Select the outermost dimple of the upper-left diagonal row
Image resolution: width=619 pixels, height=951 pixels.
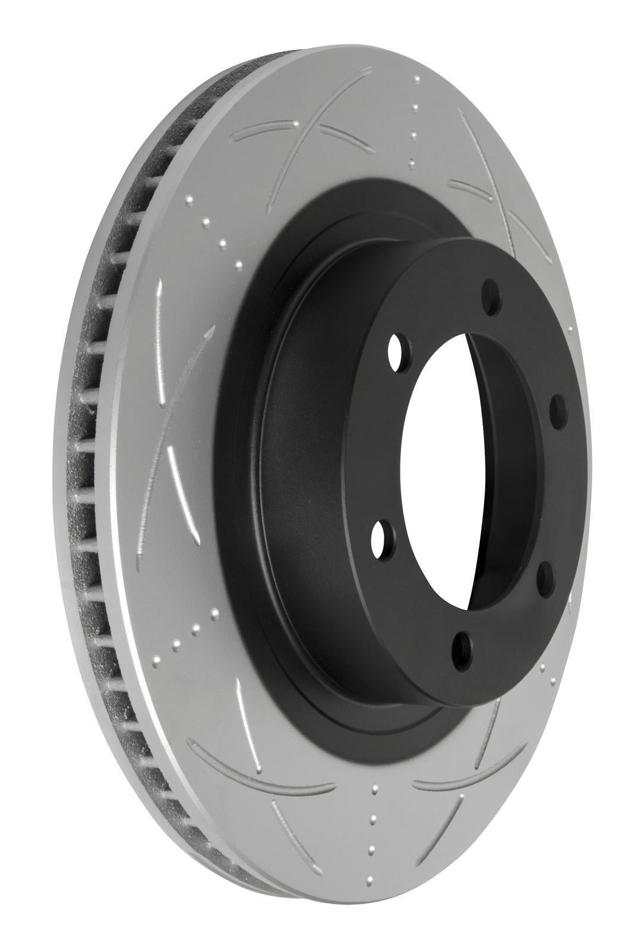(x=190, y=201)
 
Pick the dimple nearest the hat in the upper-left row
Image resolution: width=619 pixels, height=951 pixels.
(x=238, y=264)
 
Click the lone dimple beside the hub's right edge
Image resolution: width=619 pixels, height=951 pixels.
(x=571, y=329)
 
